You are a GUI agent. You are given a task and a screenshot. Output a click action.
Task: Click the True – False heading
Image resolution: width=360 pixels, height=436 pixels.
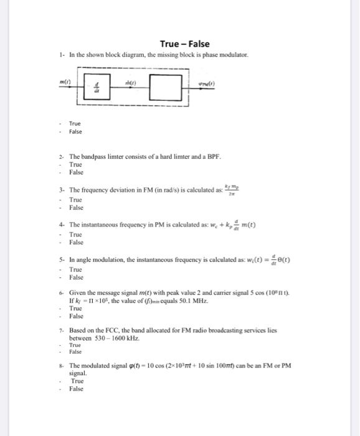[184, 44]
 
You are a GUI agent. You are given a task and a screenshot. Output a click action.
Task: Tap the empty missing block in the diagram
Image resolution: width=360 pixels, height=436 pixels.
[166, 87]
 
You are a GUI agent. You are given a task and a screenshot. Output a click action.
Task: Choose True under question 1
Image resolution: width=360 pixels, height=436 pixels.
[75, 123]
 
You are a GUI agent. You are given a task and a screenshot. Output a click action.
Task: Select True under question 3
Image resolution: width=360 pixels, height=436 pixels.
[76, 199]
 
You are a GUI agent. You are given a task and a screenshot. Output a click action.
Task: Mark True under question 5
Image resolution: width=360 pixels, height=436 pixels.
[76, 269]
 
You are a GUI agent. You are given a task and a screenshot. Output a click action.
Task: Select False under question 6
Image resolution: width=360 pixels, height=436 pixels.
[76, 316]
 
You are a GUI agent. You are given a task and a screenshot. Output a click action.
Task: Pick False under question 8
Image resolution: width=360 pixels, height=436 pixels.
[76, 389]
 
